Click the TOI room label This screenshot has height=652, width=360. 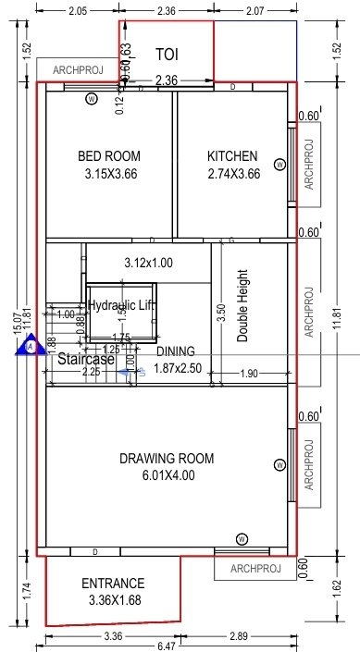tap(168, 55)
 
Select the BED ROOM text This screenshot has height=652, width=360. tap(109, 156)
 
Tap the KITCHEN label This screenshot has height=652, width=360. tap(232, 156)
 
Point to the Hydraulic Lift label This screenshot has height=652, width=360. tap(120, 305)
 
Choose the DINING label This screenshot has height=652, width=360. tap(175, 351)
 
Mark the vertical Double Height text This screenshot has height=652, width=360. tap(243, 306)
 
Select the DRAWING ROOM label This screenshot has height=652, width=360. tap(167, 459)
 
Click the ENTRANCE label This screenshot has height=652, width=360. tap(113, 584)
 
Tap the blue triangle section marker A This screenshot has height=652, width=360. tap(32, 347)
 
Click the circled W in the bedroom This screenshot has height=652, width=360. tap(91, 98)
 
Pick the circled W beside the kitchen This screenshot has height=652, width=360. tap(279, 165)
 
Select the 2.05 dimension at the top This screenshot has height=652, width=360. tap(77, 11)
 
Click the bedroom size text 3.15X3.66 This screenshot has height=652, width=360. tap(110, 173)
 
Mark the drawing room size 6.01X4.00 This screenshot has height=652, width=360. tap(167, 476)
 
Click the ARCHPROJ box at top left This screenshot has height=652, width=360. tap(77, 69)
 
